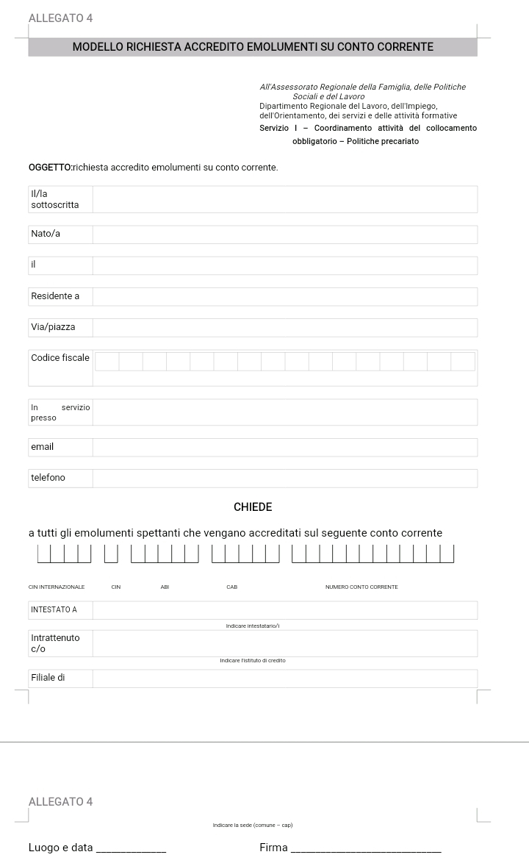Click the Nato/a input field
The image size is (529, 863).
[x=284, y=234]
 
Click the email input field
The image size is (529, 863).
[x=284, y=447]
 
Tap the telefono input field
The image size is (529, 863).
[x=284, y=478]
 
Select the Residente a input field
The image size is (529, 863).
[x=284, y=296]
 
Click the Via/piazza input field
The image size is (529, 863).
[x=284, y=327]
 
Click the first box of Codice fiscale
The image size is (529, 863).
[x=107, y=361]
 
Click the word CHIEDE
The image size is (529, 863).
[x=253, y=507]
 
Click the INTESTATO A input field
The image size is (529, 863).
[x=284, y=610]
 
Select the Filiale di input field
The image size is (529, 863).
[x=284, y=678]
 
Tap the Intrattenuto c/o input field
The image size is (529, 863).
[x=284, y=643]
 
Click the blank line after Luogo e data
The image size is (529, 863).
[x=132, y=849]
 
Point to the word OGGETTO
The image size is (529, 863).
[x=50, y=168]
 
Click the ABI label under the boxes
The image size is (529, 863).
[x=165, y=587]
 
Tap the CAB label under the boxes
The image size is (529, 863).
[x=232, y=587]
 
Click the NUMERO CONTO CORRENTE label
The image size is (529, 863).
[x=361, y=587]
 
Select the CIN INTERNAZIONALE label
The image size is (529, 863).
[x=57, y=587]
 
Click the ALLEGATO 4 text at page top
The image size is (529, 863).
[x=60, y=18]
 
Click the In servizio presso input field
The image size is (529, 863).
[x=284, y=412]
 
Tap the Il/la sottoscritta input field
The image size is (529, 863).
[x=284, y=199]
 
